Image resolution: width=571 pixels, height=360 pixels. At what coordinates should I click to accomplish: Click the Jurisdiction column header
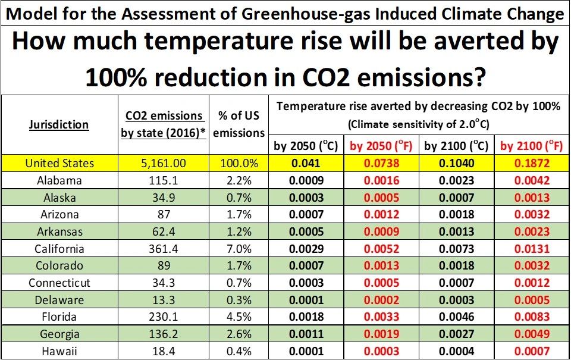coord(60,125)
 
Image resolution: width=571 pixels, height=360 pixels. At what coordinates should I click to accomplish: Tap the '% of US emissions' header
coord(239,124)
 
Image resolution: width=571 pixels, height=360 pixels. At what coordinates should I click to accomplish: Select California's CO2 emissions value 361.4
coord(163,249)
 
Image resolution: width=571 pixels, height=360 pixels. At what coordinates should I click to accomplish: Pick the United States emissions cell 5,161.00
coord(163,163)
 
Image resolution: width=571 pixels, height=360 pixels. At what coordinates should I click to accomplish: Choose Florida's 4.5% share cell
coord(239,317)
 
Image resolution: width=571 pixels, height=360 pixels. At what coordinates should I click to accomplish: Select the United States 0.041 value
coord(306,163)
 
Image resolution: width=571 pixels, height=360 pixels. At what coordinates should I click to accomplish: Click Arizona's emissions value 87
coord(163,214)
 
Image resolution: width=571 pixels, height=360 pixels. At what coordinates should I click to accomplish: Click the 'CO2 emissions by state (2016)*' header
coord(163,124)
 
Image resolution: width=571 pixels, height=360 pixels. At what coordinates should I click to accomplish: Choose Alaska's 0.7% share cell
coord(239,198)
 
